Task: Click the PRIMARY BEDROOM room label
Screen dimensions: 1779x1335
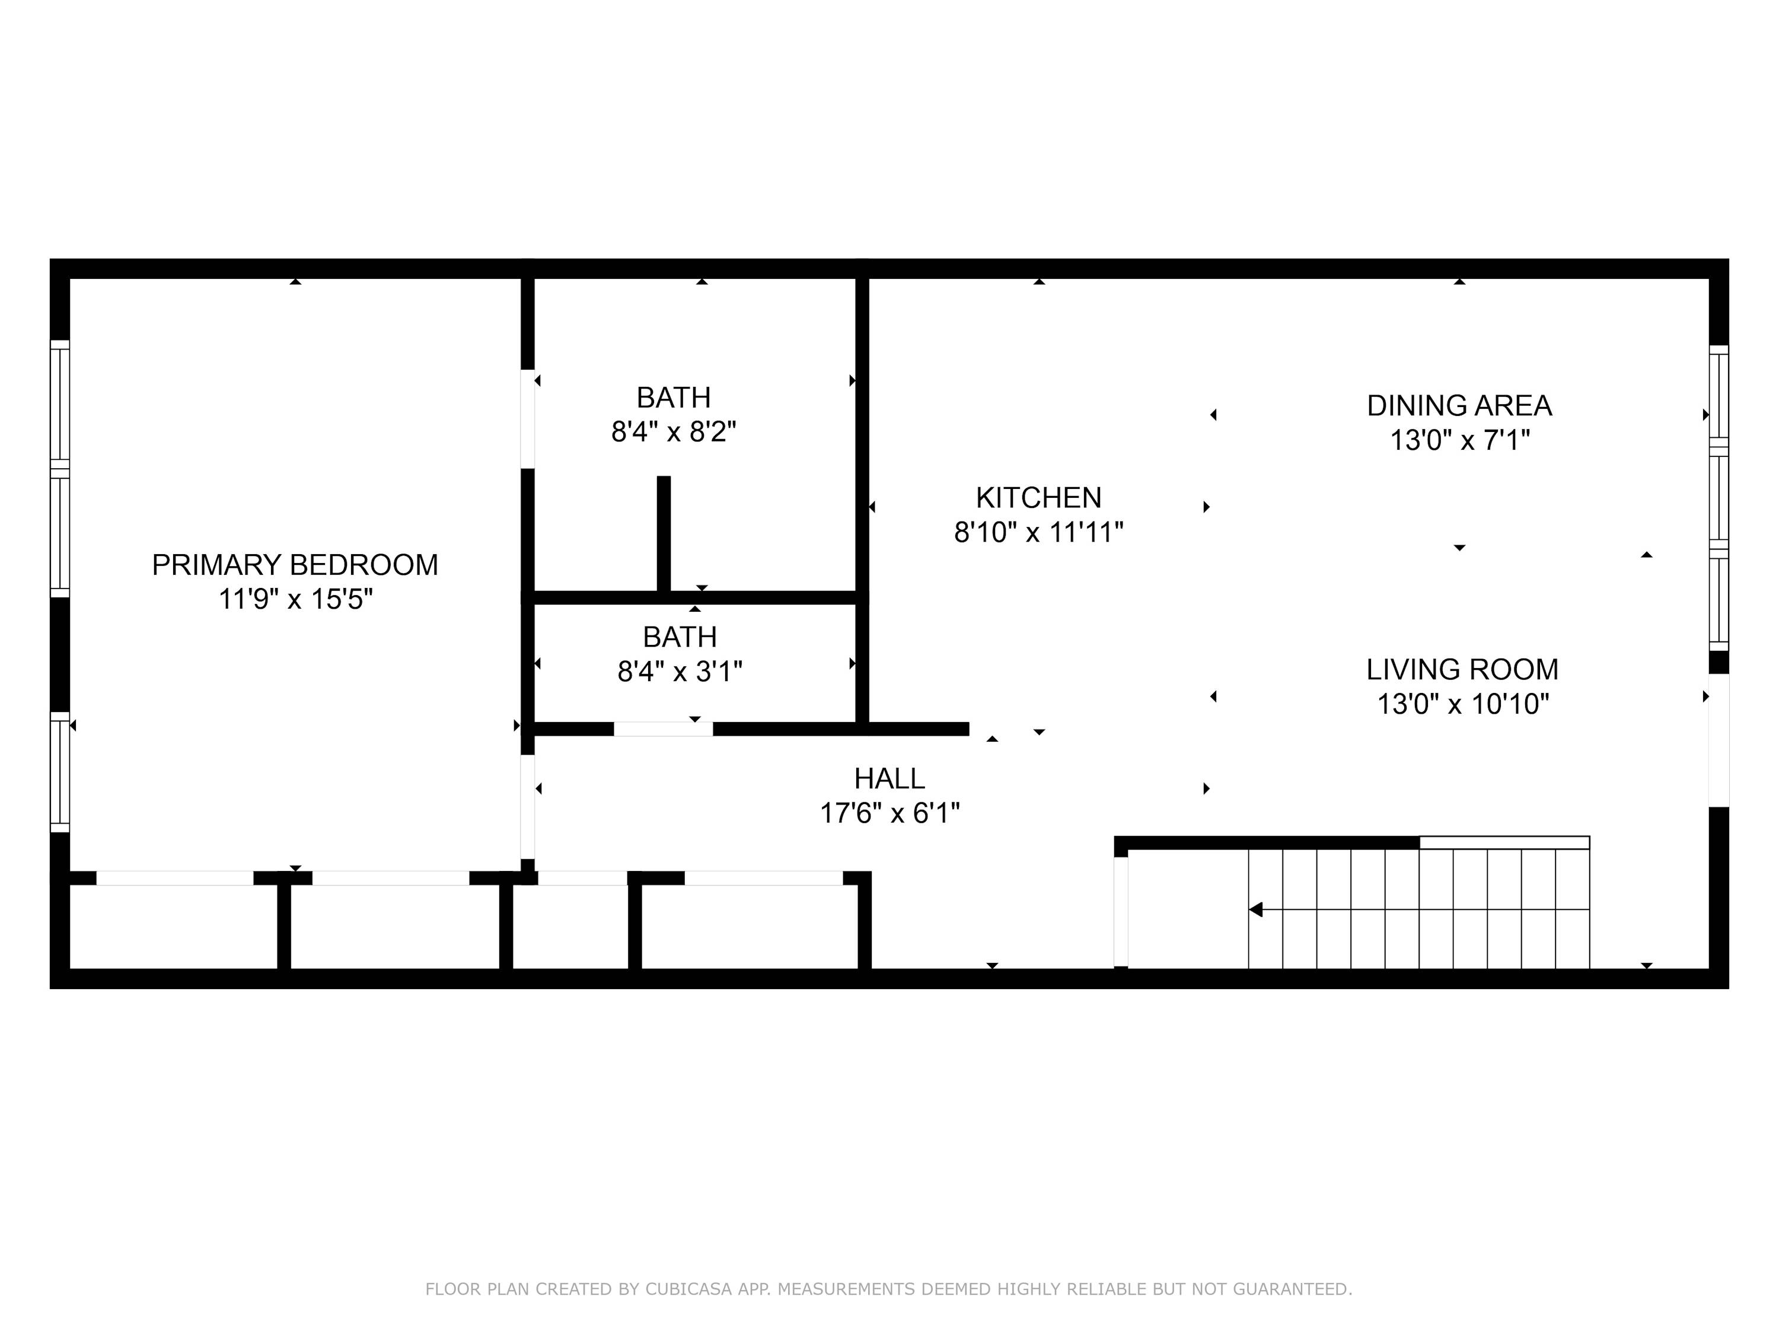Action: pyautogui.click(x=295, y=565)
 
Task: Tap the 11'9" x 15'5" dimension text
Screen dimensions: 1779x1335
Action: pyautogui.click(x=295, y=599)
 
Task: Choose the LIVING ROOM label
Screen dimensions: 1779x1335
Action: pyautogui.click(x=1462, y=669)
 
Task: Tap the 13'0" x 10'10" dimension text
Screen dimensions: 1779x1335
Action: pyautogui.click(x=1462, y=704)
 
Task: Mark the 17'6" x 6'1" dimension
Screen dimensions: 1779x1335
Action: pyautogui.click(x=889, y=813)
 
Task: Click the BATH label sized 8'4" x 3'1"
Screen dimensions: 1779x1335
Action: pyautogui.click(x=680, y=637)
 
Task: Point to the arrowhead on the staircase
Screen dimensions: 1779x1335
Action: pyautogui.click(x=1255, y=910)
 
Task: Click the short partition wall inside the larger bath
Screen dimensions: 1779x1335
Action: pyautogui.click(x=664, y=535)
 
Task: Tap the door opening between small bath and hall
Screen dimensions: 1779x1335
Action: pyautogui.click(x=664, y=729)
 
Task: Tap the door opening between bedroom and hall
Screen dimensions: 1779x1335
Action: pyautogui.click(x=528, y=807)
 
